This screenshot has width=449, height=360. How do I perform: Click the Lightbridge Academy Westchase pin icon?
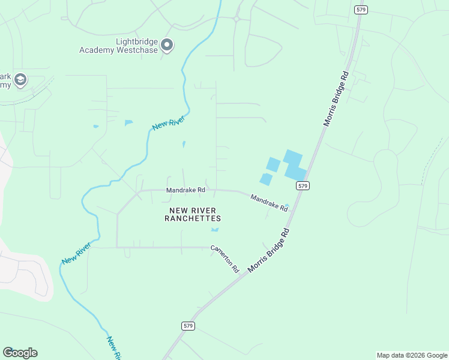[x=167, y=45]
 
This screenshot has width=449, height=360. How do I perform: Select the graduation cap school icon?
[x=20, y=80]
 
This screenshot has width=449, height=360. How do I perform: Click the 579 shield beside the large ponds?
[x=303, y=186]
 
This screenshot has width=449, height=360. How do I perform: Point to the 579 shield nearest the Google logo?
[x=188, y=325]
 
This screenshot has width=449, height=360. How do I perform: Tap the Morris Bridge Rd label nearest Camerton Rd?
[x=269, y=250]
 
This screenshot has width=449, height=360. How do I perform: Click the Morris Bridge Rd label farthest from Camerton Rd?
[x=336, y=99]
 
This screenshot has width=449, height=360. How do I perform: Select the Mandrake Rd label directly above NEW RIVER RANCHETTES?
[x=186, y=190]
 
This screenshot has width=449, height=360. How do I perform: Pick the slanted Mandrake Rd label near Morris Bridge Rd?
[x=268, y=202]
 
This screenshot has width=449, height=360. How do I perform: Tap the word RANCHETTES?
[x=193, y=219]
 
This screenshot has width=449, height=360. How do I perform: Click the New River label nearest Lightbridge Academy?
[x=167, y=122]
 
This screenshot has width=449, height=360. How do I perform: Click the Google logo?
[x=20, y=353]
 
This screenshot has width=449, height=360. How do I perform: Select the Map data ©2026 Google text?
[x=411, y=355]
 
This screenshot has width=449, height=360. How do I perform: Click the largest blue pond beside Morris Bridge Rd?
[x=294, y=165]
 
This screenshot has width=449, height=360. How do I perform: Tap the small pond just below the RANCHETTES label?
[x=215, y=229]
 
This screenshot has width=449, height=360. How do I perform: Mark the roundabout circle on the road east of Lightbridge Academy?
[x=237, y=19]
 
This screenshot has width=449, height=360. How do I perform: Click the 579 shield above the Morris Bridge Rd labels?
[x=360, y=10]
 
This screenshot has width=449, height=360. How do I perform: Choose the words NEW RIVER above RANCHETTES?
[x=193, y=210]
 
